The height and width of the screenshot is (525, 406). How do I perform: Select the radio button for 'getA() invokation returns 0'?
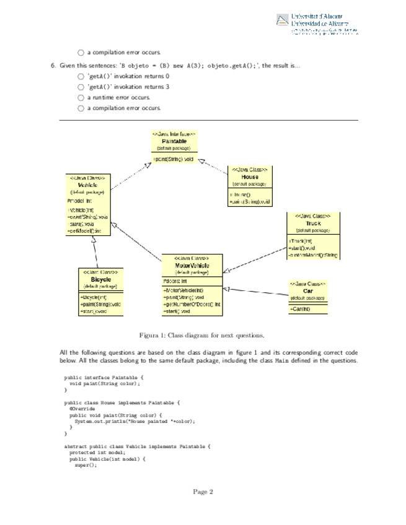[81, 76]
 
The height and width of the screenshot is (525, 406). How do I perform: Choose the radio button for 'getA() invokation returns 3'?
[81, 87]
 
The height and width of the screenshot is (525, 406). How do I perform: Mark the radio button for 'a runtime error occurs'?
[81, 98]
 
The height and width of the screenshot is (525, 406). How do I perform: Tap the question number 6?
[54, 65]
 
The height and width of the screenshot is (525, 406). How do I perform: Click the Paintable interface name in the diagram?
[174, 141]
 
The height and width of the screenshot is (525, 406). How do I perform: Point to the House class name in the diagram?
[249, 176]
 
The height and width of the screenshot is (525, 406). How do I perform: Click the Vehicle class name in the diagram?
[87, 185]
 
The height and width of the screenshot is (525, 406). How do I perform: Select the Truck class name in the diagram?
[308, 223]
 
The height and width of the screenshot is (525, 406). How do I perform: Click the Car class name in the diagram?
[308, 290]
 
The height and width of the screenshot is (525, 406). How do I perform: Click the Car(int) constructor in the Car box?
[300, 309]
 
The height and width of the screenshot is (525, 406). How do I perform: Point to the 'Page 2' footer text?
[203, 492]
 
